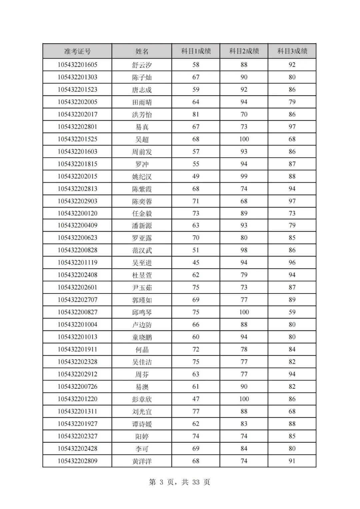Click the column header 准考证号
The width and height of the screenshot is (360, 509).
77,51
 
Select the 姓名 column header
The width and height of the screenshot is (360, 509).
142,51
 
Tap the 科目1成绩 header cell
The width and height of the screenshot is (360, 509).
196,51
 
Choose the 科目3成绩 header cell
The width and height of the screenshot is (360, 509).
292,51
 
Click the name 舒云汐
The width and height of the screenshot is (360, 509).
142,65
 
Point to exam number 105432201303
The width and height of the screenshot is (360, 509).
77,77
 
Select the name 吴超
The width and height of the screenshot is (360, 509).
142,139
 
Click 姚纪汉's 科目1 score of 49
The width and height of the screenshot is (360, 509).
196,176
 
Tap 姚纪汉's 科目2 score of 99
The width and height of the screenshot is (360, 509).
244,176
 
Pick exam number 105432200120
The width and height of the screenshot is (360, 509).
77,213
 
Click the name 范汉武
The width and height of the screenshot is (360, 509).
142,251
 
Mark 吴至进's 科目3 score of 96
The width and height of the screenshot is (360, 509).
292,262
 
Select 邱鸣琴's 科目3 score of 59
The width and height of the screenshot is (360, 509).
292,312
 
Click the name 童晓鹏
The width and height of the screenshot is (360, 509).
142,337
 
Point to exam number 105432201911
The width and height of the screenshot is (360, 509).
77,349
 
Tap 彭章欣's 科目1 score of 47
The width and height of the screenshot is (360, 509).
196,399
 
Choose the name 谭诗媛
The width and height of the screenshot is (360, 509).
142,424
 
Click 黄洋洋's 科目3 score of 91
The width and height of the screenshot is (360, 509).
292,461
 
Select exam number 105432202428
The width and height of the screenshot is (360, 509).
77,448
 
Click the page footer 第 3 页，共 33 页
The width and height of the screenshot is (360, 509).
180,482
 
